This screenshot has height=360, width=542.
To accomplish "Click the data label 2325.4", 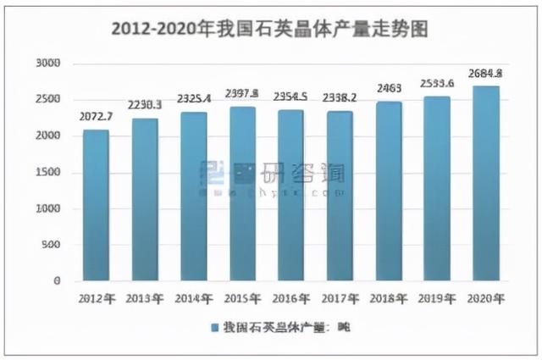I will (193, 98).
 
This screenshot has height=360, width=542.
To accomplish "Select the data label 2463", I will (388, 88).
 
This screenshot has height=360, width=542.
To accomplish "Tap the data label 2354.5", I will (290, 96).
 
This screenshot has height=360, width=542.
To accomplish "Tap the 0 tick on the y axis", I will (57, 280).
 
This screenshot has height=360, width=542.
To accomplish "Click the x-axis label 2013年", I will (144, 298).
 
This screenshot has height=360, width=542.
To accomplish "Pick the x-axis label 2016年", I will (290, 298).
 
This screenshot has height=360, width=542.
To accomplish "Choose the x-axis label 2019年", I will (437, 298).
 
